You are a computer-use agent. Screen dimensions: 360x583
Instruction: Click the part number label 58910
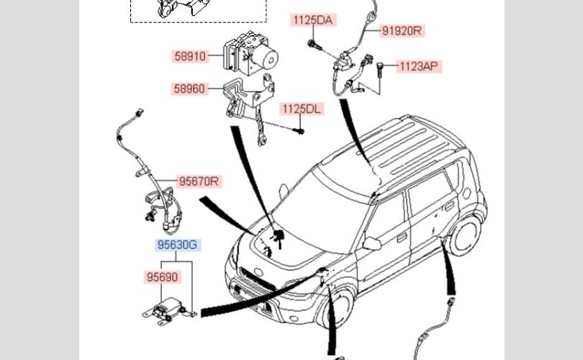[189, 55]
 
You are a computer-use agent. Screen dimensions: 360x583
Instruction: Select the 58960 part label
[189, 89]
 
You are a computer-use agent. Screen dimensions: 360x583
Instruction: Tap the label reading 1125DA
[312, 20]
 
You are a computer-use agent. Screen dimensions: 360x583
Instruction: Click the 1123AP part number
[419, 66]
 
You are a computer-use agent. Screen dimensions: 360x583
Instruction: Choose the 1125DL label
[302, 109]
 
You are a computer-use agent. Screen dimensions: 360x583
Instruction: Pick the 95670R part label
[198, 182]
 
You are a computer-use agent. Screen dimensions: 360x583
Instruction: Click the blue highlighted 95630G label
[177, 246]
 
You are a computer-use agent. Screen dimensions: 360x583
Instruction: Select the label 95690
[161, 277]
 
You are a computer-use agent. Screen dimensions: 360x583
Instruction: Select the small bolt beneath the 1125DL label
[302, 131]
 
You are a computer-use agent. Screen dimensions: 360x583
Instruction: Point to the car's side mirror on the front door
[371, 243]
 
